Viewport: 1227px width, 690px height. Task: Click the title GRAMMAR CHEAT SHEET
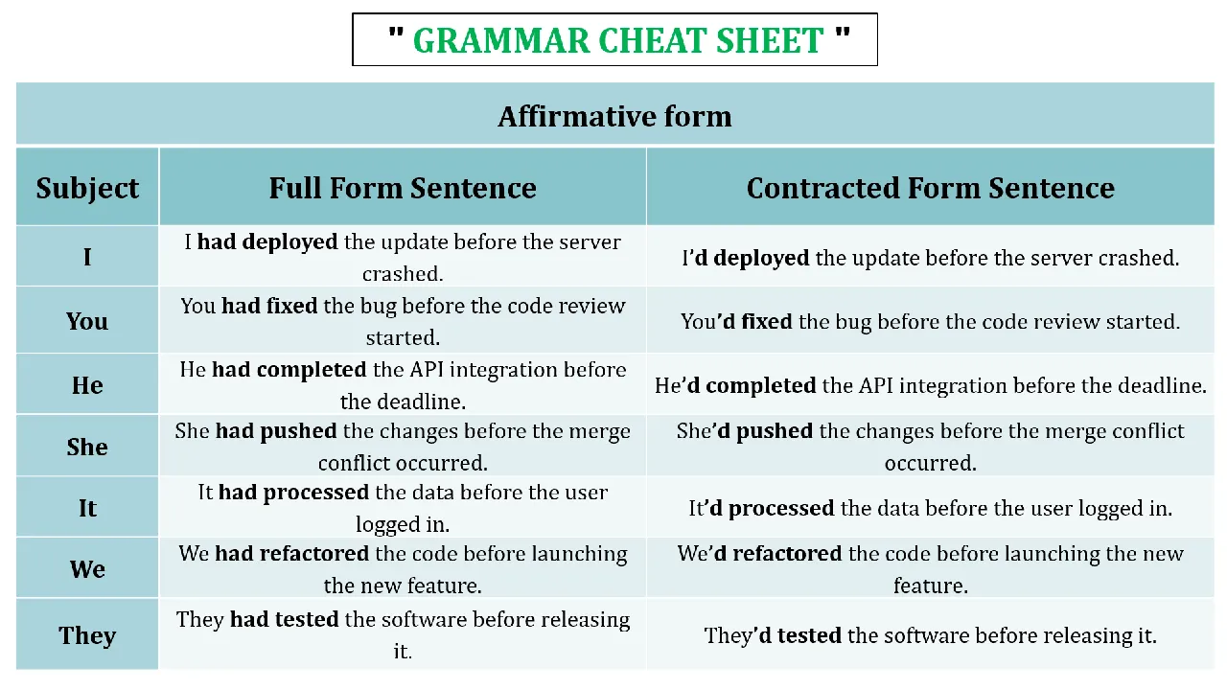tap(618, 40)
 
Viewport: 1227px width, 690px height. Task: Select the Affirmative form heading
tap(614, 116)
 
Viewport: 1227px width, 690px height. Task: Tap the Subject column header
tap(87, 189)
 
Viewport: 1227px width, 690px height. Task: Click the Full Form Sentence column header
tap(403, 188)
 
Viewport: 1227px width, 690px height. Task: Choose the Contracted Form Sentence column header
tap(931, 188)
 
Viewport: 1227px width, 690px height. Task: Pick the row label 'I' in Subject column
tap(87, 257)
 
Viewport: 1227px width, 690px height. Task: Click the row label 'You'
tap(87, 321)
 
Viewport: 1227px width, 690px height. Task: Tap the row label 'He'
tap(87, 385)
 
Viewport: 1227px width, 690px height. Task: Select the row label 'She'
tap(87, 447)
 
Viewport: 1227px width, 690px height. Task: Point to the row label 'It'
tap(87, 508)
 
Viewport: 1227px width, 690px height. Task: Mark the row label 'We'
tap(87, 569)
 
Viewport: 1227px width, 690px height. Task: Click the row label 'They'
tap(87, 635)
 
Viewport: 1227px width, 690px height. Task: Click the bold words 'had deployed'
tap(267, 242)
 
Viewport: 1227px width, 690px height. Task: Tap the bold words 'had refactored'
tap(292, 554)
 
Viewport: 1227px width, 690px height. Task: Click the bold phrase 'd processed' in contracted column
tap(772, 509)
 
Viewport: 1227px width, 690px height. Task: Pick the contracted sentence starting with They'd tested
tap(931, 635)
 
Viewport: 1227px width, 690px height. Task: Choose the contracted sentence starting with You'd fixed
tap(931, 321)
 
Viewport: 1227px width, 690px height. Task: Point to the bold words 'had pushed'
tap(276, 431)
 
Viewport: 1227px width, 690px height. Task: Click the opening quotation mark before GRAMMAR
tap(396, 33)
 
